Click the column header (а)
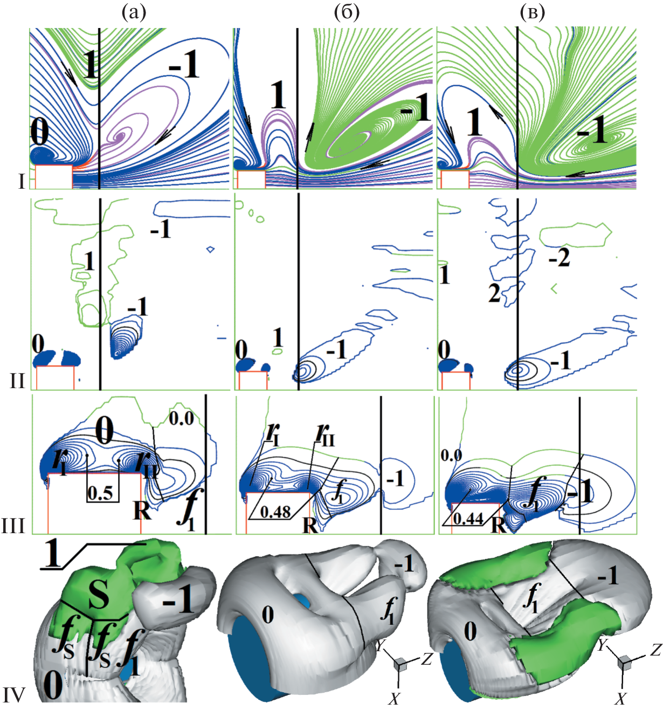[x=134, y=13]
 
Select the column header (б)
[x=347, y=13]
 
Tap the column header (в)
[x=533, y=13]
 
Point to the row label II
[x=18, y=382]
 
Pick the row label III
[x=13, y=527]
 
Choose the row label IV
[x=14, y=694]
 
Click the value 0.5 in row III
[x=100, y=494]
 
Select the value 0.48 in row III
[x=275, y=512]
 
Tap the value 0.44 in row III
[x=469, y=519]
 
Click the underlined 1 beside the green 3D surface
[x=53, y=554]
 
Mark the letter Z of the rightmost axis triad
[x=655, y=650]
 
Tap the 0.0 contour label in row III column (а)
[x=181, y=418]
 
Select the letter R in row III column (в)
[x=499, y=525]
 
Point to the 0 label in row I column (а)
[x=39, y=132]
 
